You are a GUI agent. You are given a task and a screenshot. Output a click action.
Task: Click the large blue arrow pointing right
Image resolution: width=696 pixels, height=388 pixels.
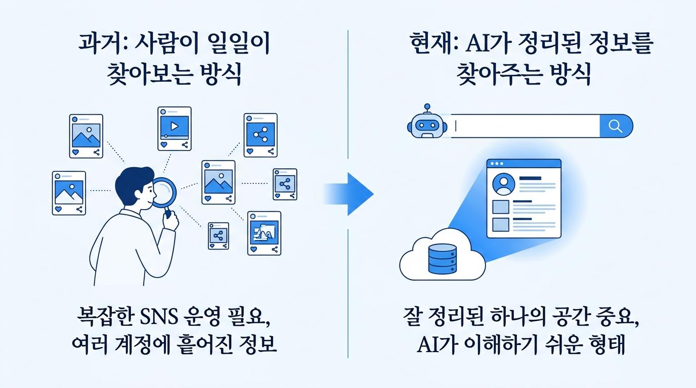(350, 194)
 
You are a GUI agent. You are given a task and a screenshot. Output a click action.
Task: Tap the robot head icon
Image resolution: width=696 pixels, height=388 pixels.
(427, 124)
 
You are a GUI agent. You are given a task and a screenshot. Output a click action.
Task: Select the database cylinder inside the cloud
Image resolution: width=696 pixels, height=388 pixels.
(443, 259)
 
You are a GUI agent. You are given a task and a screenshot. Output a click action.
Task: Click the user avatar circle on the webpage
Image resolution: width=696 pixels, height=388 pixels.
(504, 184)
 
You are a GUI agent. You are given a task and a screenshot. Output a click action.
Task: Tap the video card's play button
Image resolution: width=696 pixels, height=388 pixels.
(175, 126)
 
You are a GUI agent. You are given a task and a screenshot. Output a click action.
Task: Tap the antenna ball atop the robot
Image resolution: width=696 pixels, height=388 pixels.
(427, 107)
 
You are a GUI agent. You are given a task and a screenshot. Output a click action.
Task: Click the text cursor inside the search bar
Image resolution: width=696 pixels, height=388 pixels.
(456, 126)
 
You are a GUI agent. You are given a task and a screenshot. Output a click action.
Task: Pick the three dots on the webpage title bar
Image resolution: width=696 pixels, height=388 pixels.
(497, 164)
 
